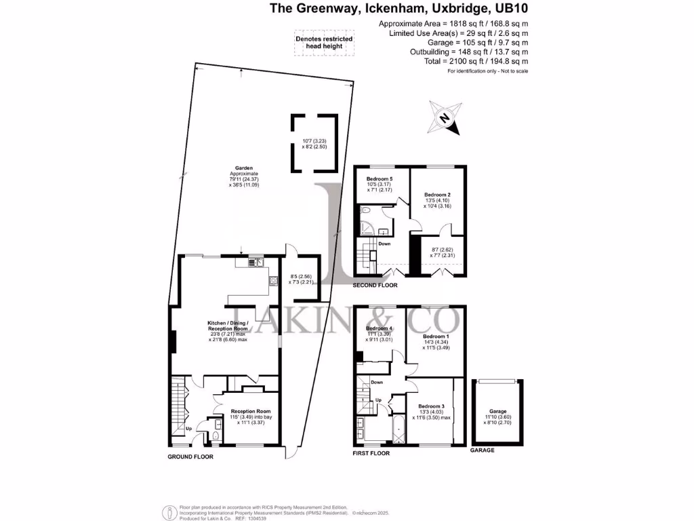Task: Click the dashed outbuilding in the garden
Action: coord(314,143)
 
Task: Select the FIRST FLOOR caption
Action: coord(371,452)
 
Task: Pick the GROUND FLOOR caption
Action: coord(190,457)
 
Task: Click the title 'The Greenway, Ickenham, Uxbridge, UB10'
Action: coord(399,9)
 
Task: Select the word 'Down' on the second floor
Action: coord(384,244)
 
